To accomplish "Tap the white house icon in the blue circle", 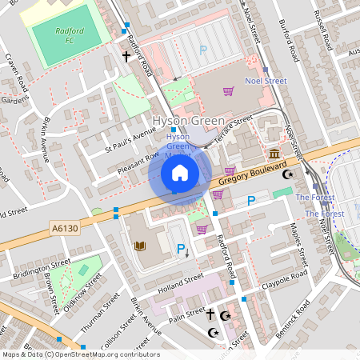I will pyautogui.click(x=180, y=173).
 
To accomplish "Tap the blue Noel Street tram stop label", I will pyautogui.click(x=265, y=81).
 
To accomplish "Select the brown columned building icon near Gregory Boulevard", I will pyautogui.click(x=274, y=154).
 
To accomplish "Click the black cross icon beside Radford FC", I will pyautogui.click(x=126, y=57).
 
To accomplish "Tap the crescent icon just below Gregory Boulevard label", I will pyautogui.click(x=290, y=174).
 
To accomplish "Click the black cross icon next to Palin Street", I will pyautogui.click(x=211, y=314).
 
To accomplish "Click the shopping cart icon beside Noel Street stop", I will pyautogui.click(x=229, y=90).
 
